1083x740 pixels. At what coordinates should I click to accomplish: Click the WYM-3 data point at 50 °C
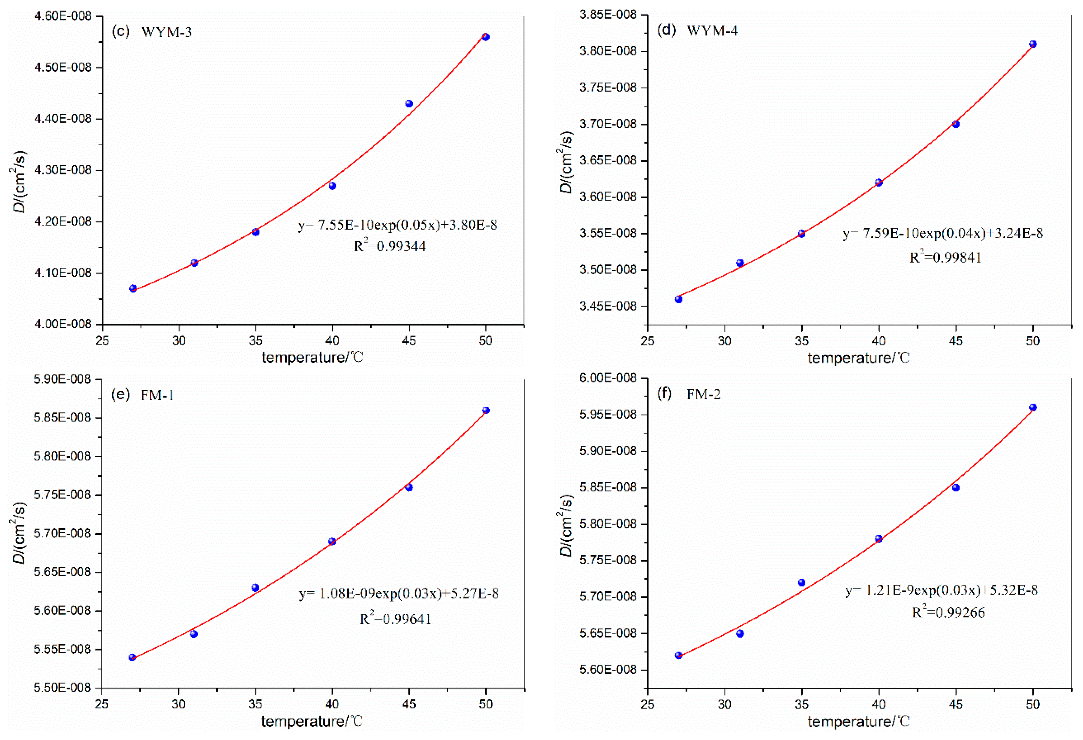coord(486,37)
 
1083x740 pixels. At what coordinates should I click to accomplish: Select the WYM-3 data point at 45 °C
coord(409,104)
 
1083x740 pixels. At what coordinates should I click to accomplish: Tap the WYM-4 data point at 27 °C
coord(679,299)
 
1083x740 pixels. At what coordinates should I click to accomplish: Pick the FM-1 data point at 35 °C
coord(255,588)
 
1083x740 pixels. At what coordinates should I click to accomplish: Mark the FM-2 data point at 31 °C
coord(740,633)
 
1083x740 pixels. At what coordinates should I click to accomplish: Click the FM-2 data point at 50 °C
coord(1033,407)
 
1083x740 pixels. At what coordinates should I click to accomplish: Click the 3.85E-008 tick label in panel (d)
coord(608,15)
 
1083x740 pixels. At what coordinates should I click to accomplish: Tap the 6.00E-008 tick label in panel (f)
coord(608,378)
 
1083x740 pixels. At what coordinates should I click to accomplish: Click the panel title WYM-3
coord(166,32)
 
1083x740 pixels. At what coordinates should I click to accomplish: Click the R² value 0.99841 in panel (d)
coord(946,257)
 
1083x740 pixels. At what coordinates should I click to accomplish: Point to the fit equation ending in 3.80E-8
coord(398,225)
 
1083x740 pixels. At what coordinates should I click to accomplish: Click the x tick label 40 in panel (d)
coord(878,341)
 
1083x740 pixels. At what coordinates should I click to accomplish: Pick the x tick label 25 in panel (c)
coord(102,341)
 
